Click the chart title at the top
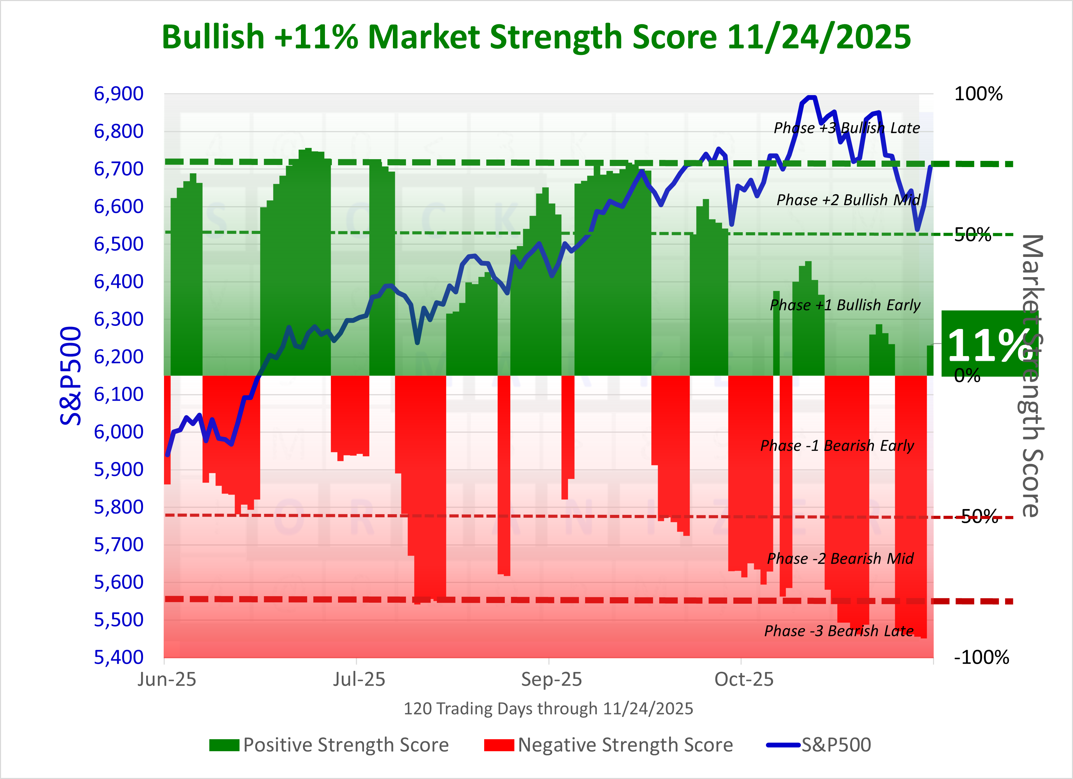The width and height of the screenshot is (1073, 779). click(536, 37)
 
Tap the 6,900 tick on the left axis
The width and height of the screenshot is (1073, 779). click(118, 94)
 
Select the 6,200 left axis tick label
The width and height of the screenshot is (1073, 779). click(118, 357)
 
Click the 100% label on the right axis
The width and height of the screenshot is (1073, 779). click(978, 94)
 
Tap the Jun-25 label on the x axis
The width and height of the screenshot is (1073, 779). click(166, 680)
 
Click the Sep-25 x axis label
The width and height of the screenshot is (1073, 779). click(551, 680)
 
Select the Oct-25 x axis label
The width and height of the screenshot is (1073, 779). click(744, 680)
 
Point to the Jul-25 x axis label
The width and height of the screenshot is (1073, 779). click(359, 680)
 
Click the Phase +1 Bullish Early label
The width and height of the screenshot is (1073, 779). click(845, 305)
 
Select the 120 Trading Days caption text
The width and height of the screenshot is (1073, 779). click(548, 709)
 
